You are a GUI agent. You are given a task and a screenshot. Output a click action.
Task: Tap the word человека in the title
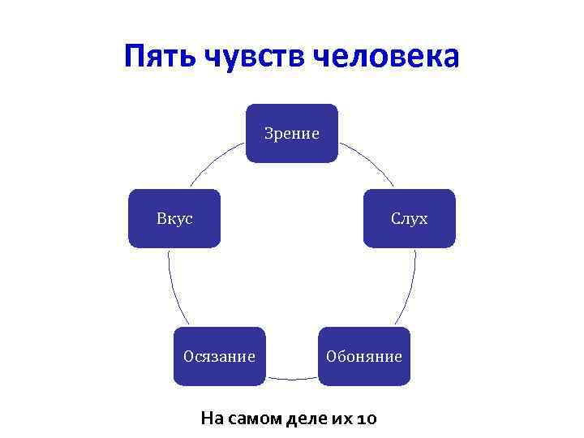pos(386,57)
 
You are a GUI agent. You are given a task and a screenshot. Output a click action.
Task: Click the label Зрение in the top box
pos(292,133)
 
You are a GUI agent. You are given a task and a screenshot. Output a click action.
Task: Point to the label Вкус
pos(174,218)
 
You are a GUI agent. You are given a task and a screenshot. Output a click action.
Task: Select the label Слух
pos(409,218)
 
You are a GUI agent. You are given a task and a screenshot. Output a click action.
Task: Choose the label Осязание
pos(219,356)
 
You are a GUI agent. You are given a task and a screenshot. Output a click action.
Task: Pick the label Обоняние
pos(364,356)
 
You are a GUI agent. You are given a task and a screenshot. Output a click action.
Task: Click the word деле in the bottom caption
pos(308,419)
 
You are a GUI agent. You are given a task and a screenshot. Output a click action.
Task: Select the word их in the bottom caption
pos(341,419)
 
